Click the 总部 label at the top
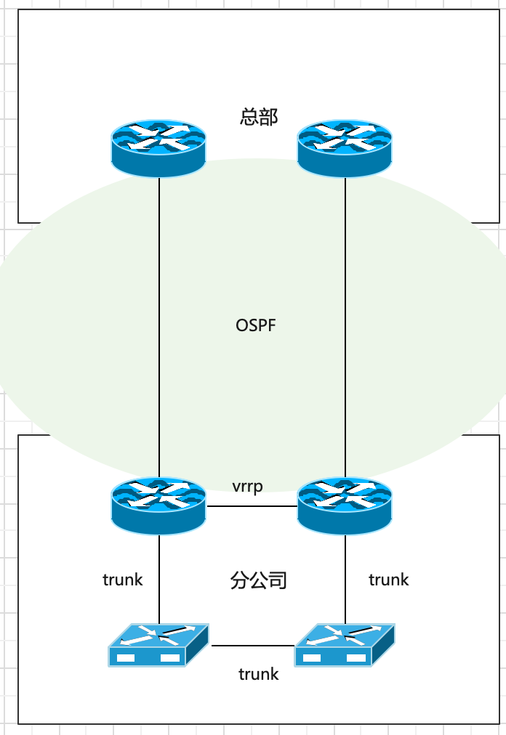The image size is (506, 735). click(x=259, y=116)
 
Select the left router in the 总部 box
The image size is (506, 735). click(x=158, y=147)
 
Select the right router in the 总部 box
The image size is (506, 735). click(x=345, y=147)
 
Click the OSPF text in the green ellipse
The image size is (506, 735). click(x=256, y=325)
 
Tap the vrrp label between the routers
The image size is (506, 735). click(x=247, y=486)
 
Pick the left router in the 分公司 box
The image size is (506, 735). click(x=158, y=505)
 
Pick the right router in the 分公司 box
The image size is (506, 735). click(x=345, y=505)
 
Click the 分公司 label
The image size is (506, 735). click(x=259, y=580)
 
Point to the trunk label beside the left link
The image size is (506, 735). click(x=123, y=580)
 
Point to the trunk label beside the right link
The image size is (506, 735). click(x=389, y=580)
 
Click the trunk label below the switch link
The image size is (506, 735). click(x=259, y=674)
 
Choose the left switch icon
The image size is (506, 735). click(x=158, y=645)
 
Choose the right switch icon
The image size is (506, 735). click(x=345, y=645)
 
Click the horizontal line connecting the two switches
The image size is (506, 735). click(x=252, y=645)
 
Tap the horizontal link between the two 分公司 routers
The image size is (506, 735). click(x=252, y=506)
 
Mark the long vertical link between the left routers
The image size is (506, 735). click(x=159, y=327)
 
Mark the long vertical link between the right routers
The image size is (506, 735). click(x=345, y=327)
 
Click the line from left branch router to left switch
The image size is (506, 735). click(x=159, y=577)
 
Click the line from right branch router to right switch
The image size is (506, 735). click(x=345, y=577)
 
